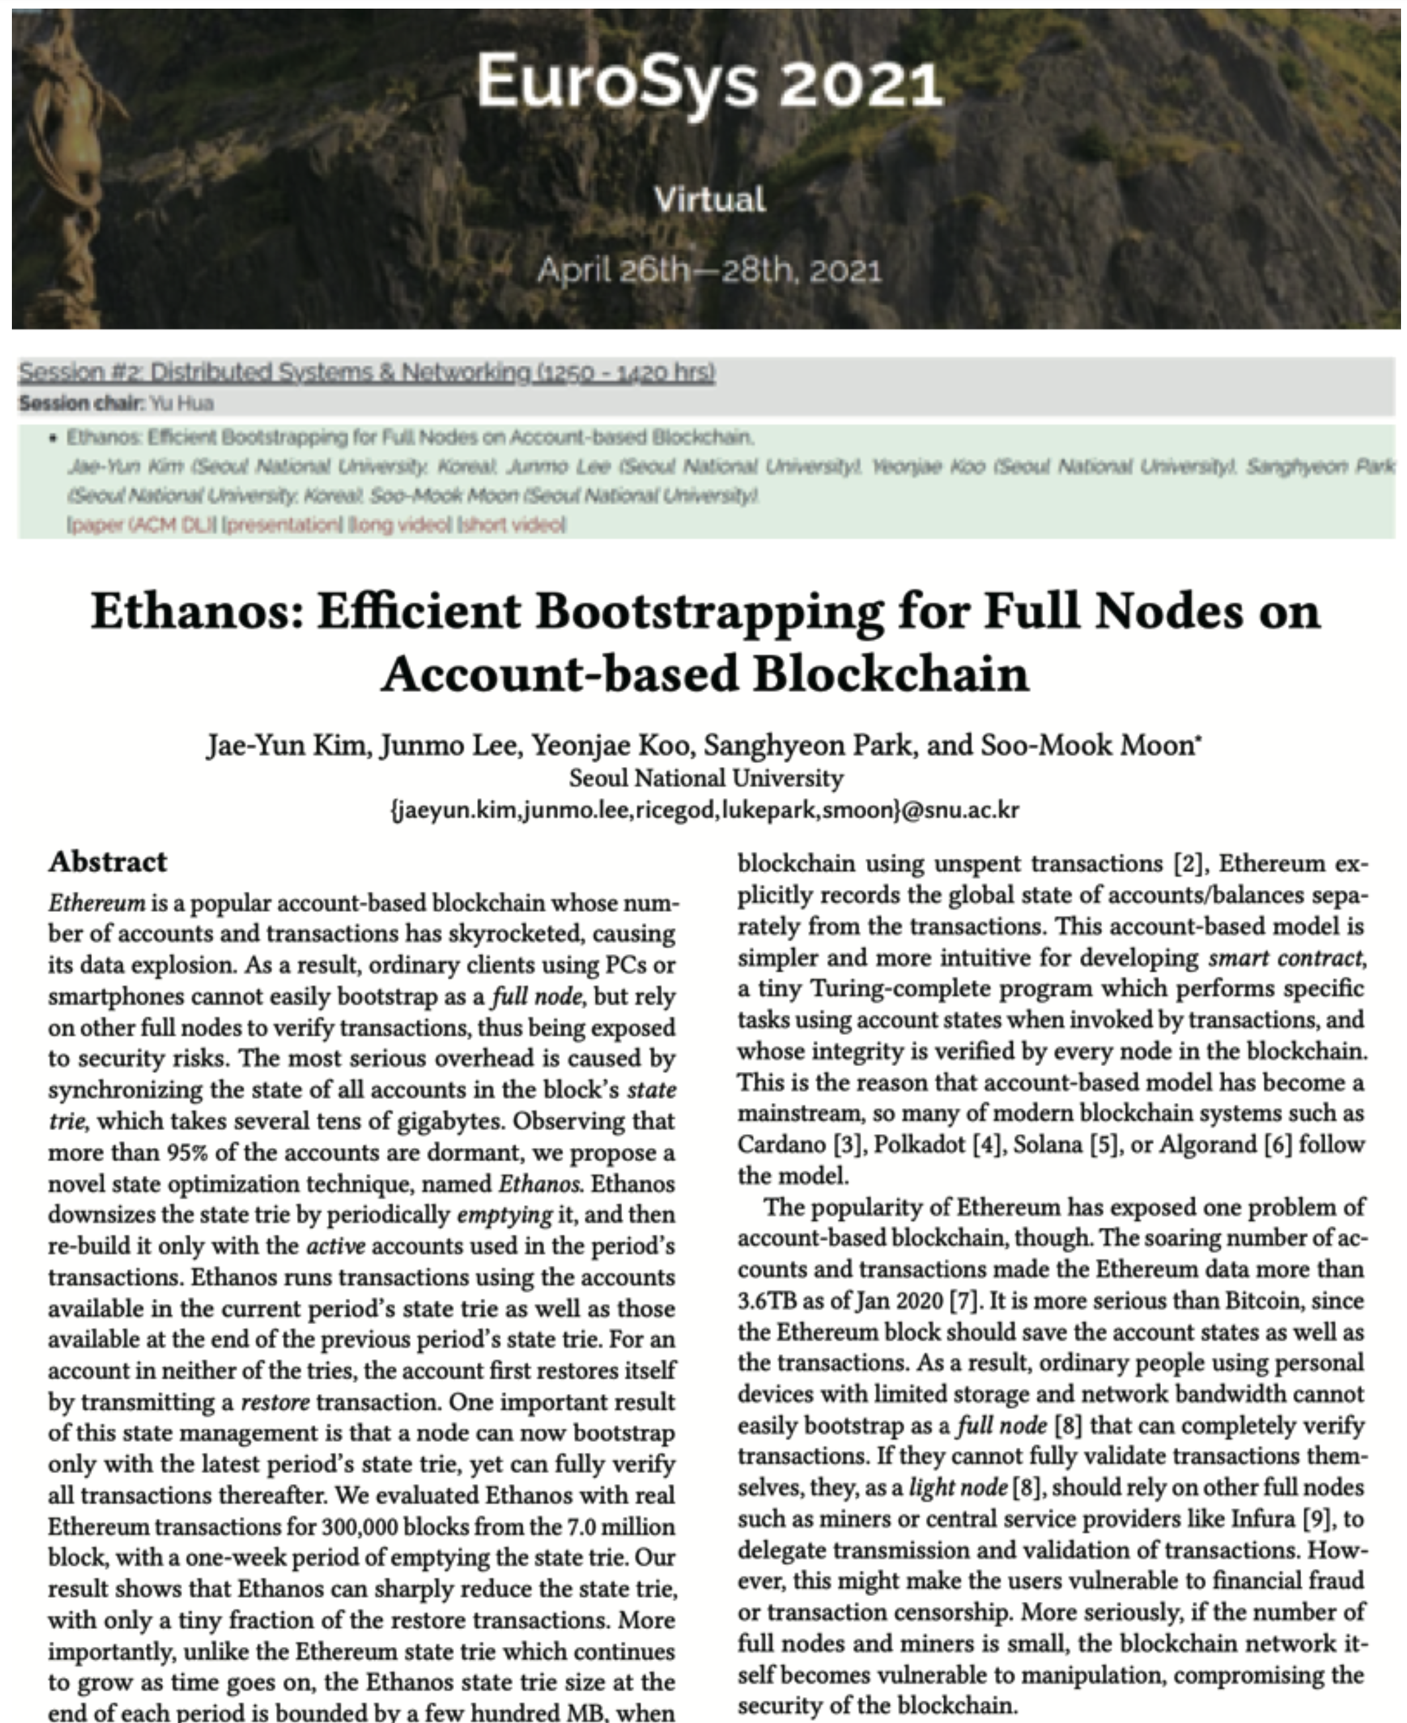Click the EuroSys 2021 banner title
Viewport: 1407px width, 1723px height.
click(x=709, y=83)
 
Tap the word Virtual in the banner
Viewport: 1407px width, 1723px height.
click(x=709, y=199)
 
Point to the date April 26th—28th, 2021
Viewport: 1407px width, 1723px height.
click(x=709, y=270)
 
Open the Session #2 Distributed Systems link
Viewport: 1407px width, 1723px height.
click(x=367, y=373)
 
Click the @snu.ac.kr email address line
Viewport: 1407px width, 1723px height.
click(x=705, y=810)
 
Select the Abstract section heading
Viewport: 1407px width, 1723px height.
click(x=108, y=861)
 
